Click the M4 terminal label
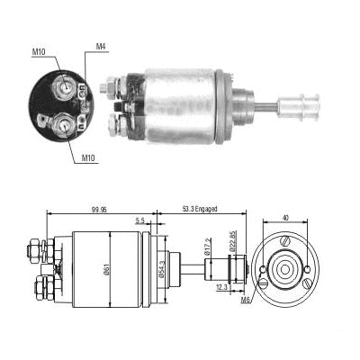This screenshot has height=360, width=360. (102, 46)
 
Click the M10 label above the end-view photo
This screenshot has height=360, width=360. (39, 51)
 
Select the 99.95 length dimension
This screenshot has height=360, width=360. (101, 210)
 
